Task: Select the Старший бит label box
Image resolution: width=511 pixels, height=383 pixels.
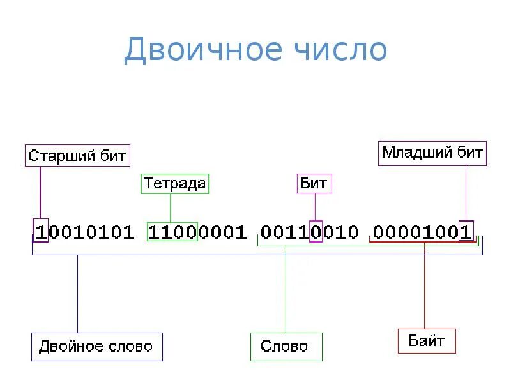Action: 77,156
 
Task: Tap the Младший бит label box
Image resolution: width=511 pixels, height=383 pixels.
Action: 432,153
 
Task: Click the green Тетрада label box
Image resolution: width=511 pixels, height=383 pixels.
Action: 175,184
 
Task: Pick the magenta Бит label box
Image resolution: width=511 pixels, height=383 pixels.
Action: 314,184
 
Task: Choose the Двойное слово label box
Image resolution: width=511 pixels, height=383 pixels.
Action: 96,347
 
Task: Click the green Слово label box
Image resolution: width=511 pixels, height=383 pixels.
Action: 286,347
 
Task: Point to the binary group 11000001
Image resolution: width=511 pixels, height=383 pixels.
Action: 197,232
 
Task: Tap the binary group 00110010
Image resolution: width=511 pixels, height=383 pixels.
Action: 309,232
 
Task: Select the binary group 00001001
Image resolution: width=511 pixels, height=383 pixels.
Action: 422,232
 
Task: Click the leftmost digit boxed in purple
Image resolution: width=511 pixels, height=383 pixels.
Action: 41,232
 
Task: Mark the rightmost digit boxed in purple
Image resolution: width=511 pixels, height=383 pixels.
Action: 466,232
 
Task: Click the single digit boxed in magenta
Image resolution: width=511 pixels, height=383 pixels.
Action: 315,232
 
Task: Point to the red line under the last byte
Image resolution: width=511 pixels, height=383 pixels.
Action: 422,242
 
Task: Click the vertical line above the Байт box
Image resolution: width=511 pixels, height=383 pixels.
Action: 424,287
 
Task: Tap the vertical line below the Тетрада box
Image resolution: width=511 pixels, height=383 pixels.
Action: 170,207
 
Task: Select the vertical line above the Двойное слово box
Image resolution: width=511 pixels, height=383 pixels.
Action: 77,294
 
